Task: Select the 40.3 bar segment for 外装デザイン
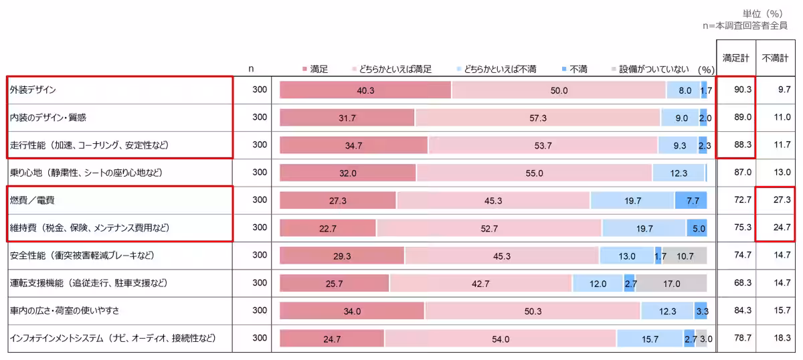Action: coord(365,90)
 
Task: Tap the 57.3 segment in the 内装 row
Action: coord(537,118)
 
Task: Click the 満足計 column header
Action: coord(735,58)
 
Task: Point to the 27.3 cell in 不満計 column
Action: coord(776,200)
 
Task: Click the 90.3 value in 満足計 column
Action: coord(735,90)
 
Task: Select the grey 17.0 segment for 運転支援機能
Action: coord(671,283)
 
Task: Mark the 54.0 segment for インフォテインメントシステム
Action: coord(501,339)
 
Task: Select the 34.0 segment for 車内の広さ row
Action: coord(352,311)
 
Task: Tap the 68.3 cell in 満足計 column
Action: coord(735,283)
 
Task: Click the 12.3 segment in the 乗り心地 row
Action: coord(678,173)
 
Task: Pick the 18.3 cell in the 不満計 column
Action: coord(776,339)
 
